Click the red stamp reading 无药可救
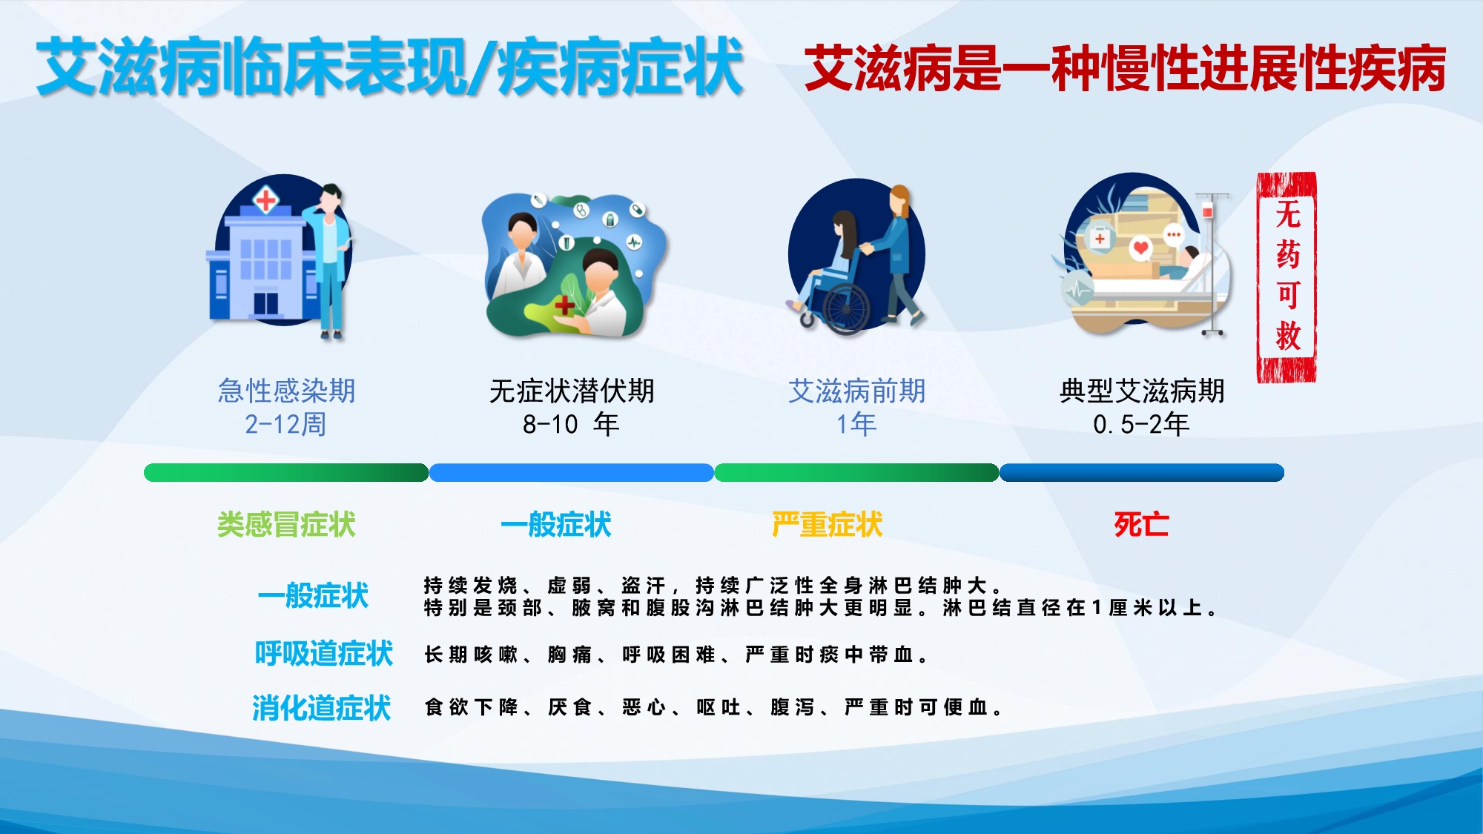point(1287,277)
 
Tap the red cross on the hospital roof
point(265,199)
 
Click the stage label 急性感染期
point(286,391)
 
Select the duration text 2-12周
point(285,424)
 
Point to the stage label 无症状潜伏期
point(572,391)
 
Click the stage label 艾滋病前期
point(856,391)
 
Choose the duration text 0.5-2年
point(1141,424)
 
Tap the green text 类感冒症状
point(286,525)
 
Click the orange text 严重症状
point(828,525)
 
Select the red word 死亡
point(1141,525)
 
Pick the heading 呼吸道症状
point(323,653)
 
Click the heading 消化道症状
point(321,708)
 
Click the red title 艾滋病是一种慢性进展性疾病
point(1125,68)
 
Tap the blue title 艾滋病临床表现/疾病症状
point(390,67)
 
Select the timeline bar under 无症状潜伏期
point(571,472)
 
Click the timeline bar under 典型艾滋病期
point(1142,472)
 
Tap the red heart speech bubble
point(1140,248)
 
